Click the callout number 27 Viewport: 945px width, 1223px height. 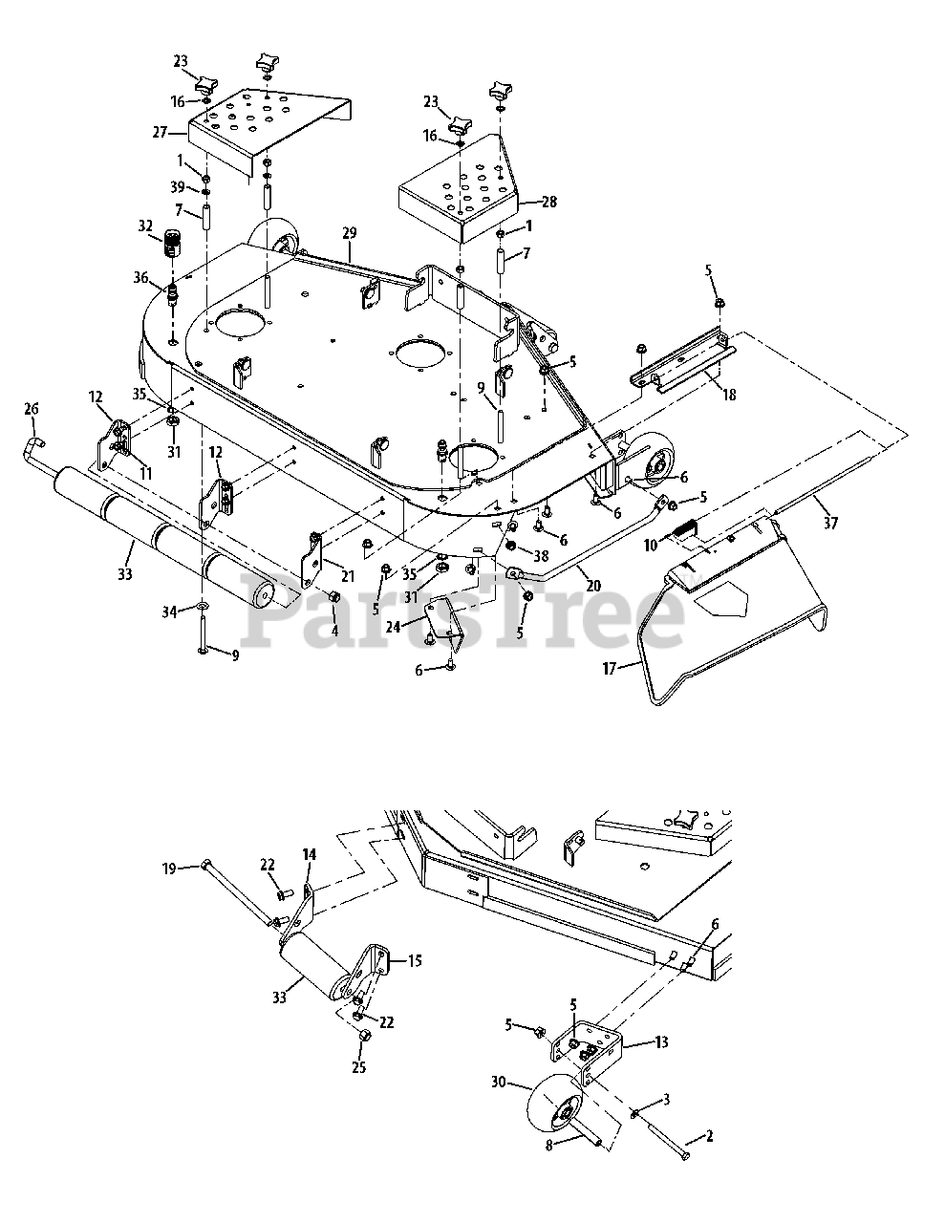tap(159, 133)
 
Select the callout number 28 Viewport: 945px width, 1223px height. tap(548, 203)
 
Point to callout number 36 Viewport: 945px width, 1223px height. tap(141, 278)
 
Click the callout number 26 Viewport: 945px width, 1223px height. tap(32, 409)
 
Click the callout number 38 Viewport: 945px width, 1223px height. tap(542, 554)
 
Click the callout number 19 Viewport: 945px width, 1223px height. tap(169, 869)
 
